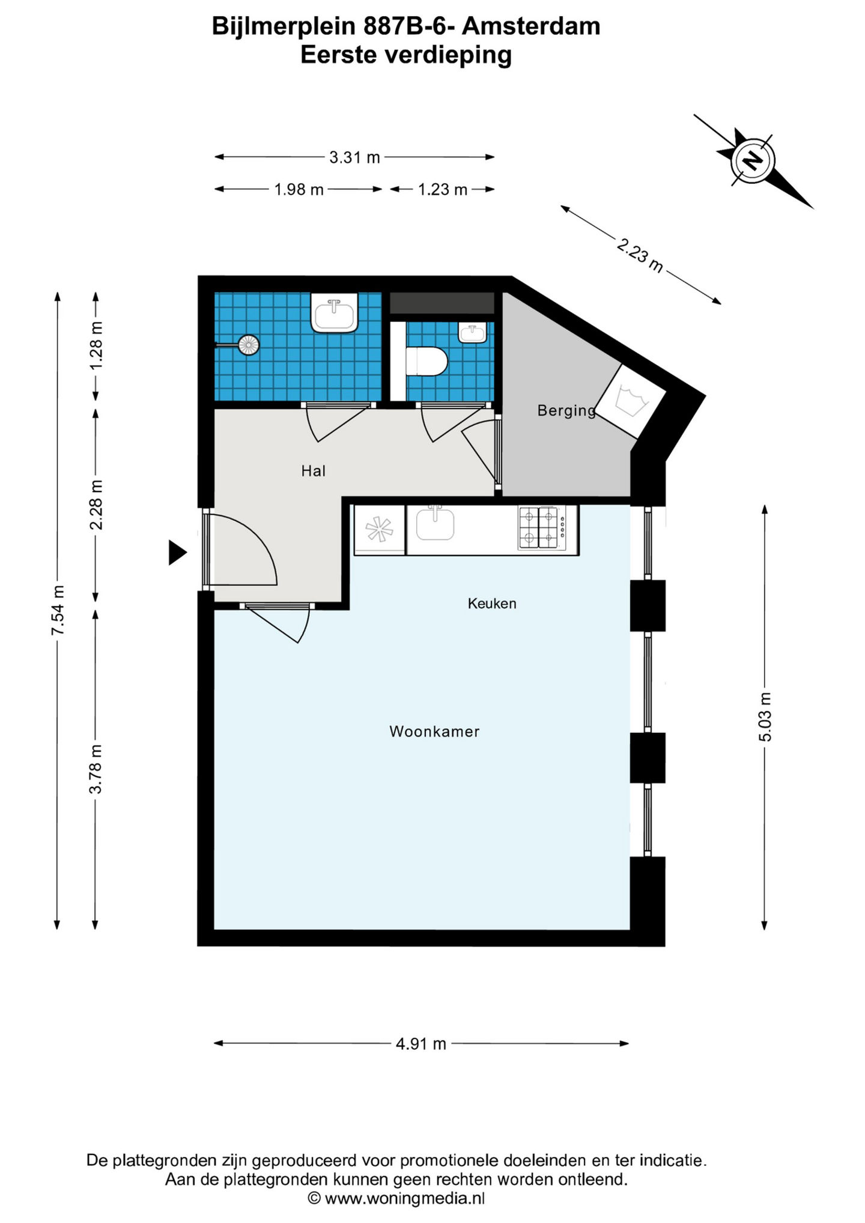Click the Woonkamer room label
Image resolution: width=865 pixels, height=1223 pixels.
tap(434, 731)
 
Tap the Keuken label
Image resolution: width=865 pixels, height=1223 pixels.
tap(492, 603)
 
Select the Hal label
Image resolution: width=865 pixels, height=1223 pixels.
tap(314, 471)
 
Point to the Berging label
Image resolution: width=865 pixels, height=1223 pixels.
tap(566, 411)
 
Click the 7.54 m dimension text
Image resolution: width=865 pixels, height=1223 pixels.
tap(58, 610)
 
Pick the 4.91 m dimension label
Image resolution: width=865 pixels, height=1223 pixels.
tap(421, 1043)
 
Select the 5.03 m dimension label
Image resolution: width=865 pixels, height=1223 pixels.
tap(765, 717)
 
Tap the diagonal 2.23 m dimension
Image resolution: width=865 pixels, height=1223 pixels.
tap(640, 255)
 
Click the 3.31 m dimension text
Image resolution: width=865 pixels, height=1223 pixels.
tap(354, 157)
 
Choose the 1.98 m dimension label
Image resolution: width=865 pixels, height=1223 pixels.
tap(299, 190)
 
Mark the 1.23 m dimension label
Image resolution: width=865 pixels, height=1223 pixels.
tap(443, 190)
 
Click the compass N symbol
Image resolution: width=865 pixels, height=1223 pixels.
tap(752, 160)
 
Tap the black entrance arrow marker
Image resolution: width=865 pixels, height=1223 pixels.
tap(177, 553)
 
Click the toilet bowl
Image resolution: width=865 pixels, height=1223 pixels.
tap(426, 362)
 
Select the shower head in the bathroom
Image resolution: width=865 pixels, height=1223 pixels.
tap(248, 345)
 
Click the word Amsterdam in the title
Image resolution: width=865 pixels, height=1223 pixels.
tap(532, 26)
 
